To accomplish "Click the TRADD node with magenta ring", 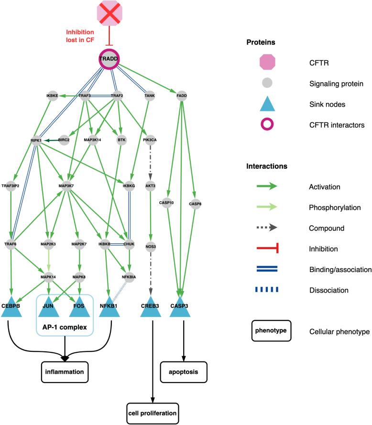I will coord(109,59).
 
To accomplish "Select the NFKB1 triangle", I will coord(111,306).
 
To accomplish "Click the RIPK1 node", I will coord(36,141).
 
